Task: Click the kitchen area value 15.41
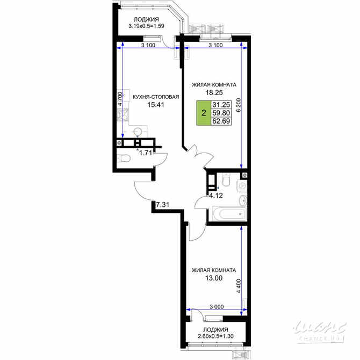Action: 155,105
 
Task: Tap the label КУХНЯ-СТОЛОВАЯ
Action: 155,97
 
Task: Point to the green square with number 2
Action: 203,113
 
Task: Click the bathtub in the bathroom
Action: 226,215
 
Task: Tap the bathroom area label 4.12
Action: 216,196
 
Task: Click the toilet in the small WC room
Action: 123,159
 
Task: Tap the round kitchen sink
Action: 138,131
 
